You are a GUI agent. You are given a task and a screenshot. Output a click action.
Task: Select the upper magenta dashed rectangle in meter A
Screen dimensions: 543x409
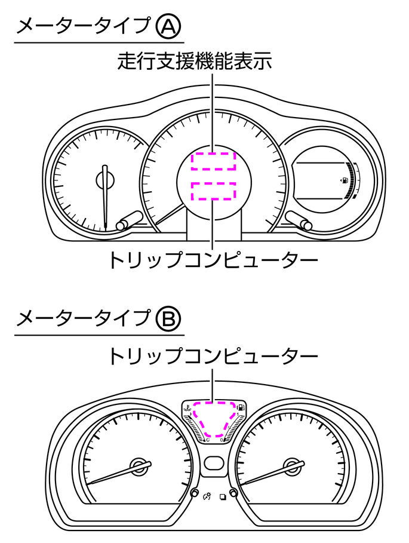pos(213,161)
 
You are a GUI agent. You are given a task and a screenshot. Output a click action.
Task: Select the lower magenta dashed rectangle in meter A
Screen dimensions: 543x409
pos(213,191)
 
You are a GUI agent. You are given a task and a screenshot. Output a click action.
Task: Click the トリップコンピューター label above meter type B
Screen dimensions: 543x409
pos(212,357)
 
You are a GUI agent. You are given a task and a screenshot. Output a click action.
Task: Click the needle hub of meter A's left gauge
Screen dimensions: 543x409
pos(106,179)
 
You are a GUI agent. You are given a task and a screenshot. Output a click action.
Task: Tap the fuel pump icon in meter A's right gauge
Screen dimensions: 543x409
pos(345,179)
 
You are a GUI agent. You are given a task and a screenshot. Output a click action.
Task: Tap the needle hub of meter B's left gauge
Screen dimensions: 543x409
pos(140,465)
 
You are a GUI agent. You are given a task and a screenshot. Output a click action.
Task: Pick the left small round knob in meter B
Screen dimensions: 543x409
pos(195,494)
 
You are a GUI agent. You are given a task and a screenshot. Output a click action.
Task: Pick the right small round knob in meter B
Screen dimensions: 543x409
pos(233,494)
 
